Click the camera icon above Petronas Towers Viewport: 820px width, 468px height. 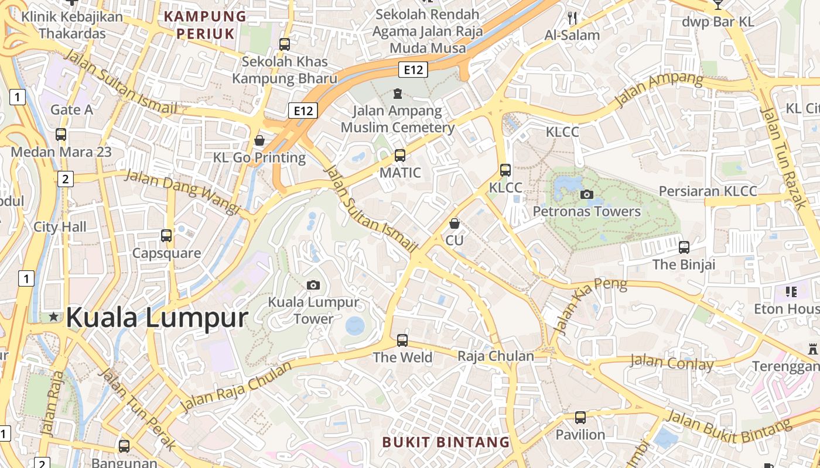(586, 194)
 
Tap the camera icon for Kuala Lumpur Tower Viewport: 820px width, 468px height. (313, 285)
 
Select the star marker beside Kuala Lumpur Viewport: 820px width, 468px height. (54, 316)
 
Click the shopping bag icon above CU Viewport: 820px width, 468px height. (454, 223)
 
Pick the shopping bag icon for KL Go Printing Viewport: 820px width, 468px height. (259, 140)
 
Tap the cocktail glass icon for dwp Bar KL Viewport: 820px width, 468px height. (717, 5)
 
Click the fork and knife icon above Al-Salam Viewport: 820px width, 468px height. (572, 18)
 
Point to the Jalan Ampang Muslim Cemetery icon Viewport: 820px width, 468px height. (398, 94)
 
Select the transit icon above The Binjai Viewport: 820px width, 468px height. (684, 247)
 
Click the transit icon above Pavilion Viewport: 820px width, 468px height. (580, 417)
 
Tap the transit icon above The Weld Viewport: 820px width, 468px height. (402, 340)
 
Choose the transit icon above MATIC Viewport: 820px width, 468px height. (400, 155)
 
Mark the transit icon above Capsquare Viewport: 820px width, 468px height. (166, 236)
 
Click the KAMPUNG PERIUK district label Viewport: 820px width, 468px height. (205, 25)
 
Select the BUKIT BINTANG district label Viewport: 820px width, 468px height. (446, 442)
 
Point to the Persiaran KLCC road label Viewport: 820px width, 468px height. (708, 191)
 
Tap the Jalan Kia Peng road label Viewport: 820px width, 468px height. (589, 305)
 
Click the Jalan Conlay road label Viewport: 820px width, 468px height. (671, 363)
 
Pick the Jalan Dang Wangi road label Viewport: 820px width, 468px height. (183, 191)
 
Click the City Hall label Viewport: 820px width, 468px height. (60, 227)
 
